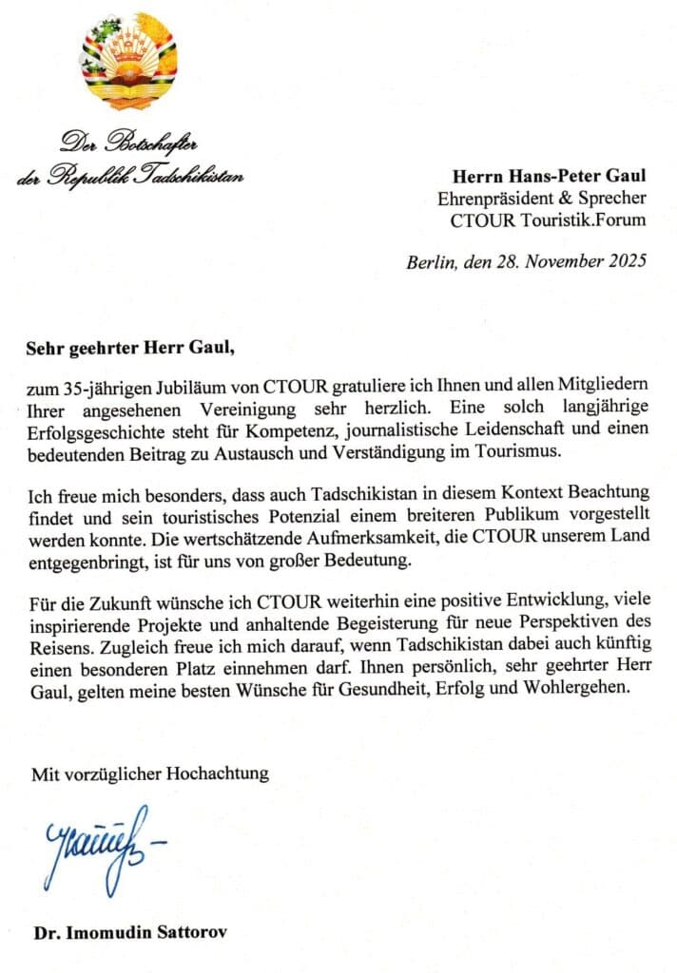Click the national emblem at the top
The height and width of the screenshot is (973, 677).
[129, 62]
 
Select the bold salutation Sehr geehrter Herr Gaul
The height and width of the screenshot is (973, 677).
[129, 347]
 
